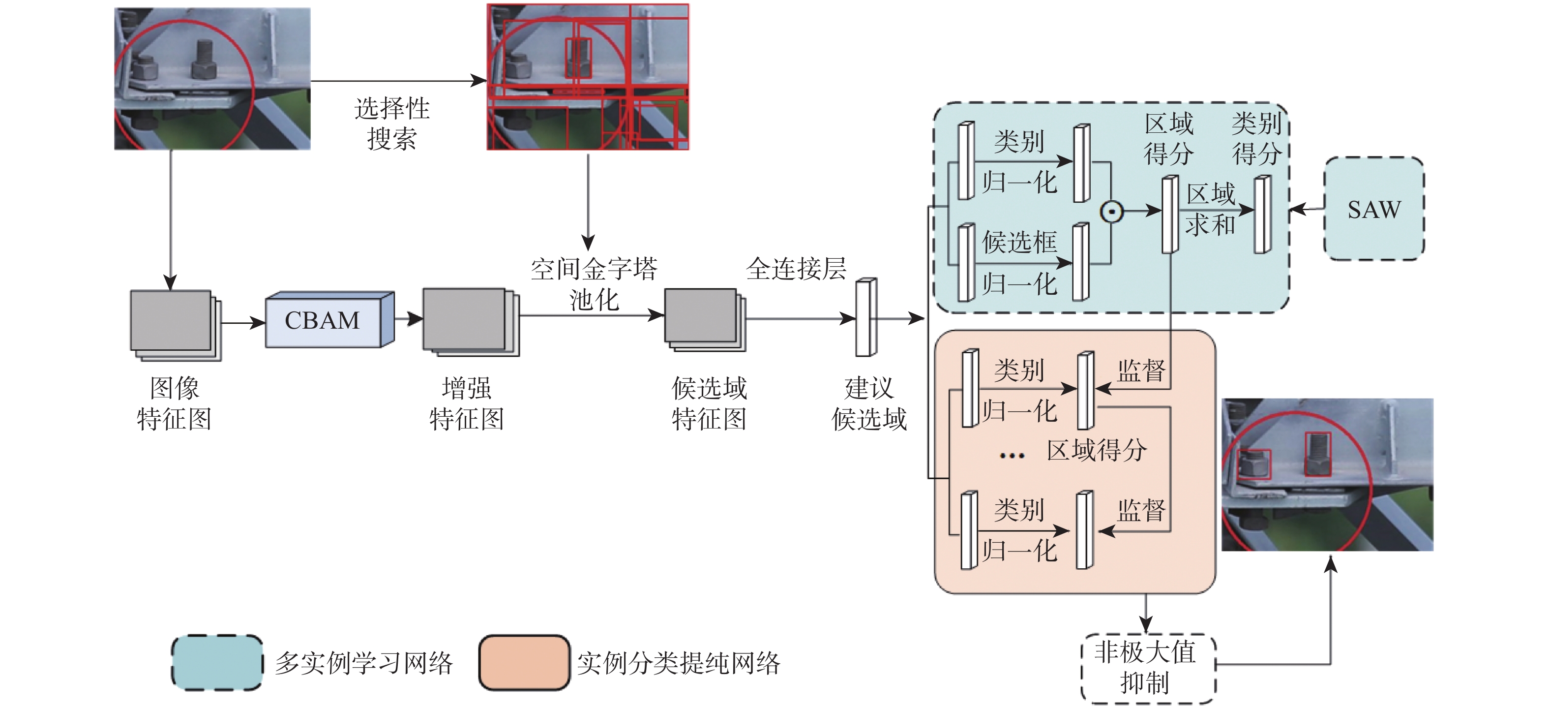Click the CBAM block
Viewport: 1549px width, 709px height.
(x=324, y=321)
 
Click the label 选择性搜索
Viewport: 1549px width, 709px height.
(x=391, y=124)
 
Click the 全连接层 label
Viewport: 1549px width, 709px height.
(x=796, y=269)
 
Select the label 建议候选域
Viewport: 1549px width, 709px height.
(x=869, y=404)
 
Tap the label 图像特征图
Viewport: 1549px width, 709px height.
(x=175, y=404)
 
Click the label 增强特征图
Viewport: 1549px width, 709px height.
(x=467, y=404)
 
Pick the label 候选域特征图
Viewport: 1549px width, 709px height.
(x=709, y=404)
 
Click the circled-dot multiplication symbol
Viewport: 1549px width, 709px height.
(x=1111, y=212)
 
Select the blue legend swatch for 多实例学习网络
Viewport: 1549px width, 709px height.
(x=217, y=663)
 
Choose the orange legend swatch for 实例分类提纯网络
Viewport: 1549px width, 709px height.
(x=524, y=663)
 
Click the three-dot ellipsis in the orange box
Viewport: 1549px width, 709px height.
(x=1012, y=456)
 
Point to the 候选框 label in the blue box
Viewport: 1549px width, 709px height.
(x=1019, y=242)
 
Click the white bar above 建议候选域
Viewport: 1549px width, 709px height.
(x=866, y=317)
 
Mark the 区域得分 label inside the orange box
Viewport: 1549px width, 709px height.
(x=1097, y=450)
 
